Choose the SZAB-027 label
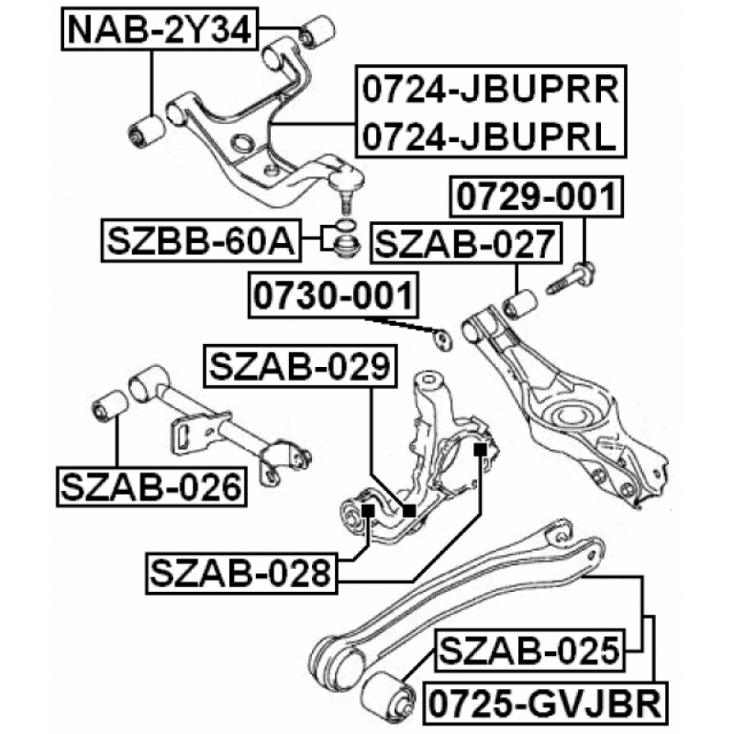[x=465, y=244]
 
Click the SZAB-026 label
[x=151, y=485]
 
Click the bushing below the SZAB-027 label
[x=522, y=304]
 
